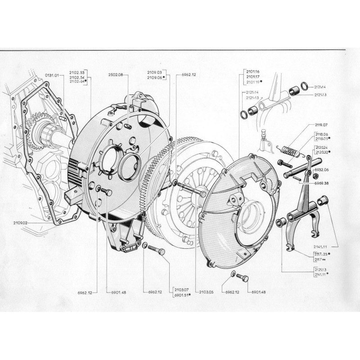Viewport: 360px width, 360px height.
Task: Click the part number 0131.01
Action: pyautogui.click(x=52, y=75)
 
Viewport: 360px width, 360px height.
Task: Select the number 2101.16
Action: pyautogui.click(x=253, y=72)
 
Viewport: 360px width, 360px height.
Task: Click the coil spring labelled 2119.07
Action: pyautogui.click(x=288, y=151)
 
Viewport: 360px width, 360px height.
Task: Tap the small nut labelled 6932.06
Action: pyautogui.click(x=281, y=162)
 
